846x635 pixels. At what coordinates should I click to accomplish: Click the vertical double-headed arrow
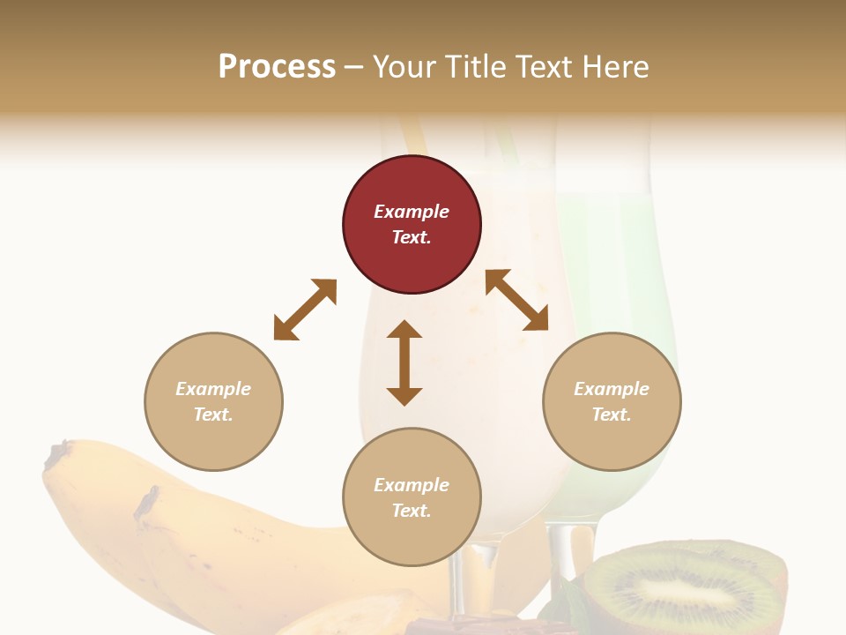[x=404, y=362]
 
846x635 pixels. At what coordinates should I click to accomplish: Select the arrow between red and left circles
[x=305, y=310]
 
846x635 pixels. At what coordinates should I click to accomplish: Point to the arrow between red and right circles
[x=517, y=300]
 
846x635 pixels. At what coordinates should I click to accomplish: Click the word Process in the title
[x=277, y=67]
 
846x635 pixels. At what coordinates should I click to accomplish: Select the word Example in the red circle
[x=412, y=212]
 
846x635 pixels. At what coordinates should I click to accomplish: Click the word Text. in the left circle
[x=213, y=415]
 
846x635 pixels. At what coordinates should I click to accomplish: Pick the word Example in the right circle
[x=612, y=389]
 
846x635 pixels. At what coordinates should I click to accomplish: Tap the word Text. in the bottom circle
[x=412, y=511]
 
